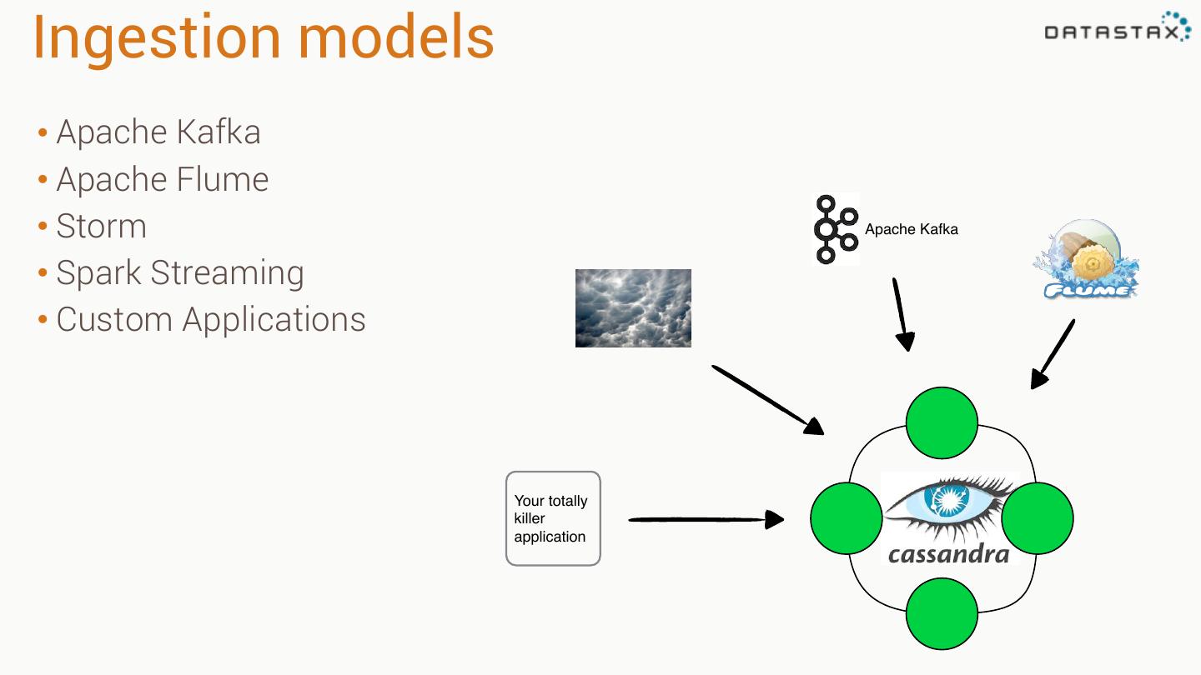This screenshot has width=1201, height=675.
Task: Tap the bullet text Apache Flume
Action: (163, 179)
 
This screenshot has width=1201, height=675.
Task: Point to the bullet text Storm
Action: (102, 226)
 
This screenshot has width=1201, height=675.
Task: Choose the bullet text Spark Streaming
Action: (180, 273)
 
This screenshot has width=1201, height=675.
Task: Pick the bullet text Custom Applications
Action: (211, 320)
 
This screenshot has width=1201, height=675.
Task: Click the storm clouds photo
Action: (633, 308)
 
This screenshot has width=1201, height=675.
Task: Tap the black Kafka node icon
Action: (837, 229)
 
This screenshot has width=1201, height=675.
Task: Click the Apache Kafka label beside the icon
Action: (912, 229)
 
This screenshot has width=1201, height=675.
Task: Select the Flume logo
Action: (1086, 258)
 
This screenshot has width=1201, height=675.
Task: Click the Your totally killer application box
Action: (553, 518)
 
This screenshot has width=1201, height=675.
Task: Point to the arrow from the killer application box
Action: (706, 519)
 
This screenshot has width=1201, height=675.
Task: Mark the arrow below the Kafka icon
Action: (902, 314)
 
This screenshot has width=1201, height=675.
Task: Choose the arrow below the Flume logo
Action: (1053, 354)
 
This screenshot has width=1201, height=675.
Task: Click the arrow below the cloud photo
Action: (768, 400)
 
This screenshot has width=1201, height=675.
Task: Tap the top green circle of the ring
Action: (942, 422)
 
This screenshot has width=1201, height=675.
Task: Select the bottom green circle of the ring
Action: (942, 614)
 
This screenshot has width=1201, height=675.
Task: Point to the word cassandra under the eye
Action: (948, 553)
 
